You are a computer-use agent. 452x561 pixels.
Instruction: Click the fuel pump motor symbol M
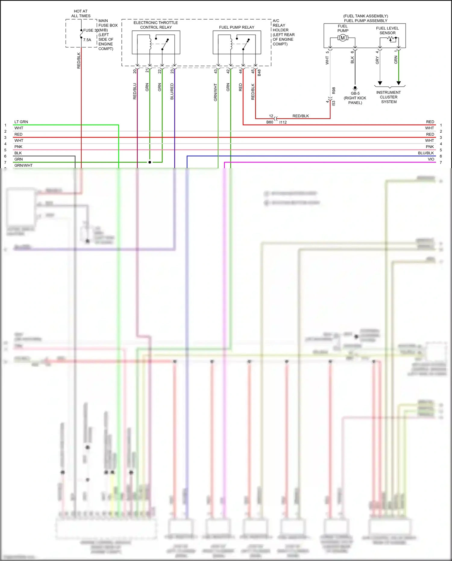(343, 38)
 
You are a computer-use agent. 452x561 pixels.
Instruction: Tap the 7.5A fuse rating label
(87, 40)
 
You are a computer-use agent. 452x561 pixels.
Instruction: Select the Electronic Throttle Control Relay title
(156, 25)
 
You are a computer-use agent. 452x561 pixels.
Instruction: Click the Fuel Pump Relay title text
(237, 27)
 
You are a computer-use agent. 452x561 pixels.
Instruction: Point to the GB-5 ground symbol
(355, 89)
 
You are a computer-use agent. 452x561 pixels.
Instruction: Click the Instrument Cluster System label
(388, 97)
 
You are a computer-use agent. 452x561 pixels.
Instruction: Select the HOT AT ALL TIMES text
(81, 14)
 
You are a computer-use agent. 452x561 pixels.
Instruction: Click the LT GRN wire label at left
(21, 122)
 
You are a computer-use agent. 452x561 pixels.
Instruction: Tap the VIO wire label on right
(431, 159)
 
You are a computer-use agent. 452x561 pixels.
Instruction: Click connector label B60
(269, 122)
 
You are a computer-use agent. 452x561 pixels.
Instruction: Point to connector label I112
(283, 122)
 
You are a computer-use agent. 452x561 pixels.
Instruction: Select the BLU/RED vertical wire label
(172, 91)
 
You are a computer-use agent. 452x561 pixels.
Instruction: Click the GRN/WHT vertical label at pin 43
(215, 92)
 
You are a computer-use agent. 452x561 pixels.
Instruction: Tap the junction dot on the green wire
(150, 162)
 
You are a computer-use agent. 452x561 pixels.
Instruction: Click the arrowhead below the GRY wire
(380, 83)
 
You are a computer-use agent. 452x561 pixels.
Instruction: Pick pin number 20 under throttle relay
(135, 71)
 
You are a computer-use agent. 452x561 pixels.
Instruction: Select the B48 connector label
(259, 73)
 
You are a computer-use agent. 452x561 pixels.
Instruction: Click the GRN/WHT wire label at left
(23, 165)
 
